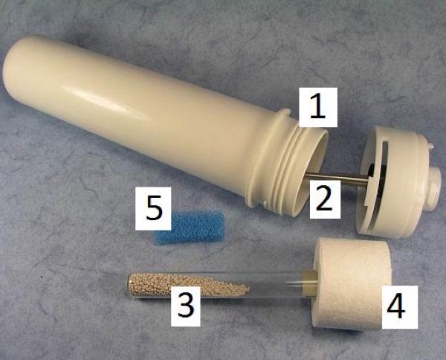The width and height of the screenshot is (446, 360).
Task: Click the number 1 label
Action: pyautogui.click(x=317, y=106)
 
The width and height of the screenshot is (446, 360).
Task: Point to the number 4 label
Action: pyautogui.click(x=400, y=307)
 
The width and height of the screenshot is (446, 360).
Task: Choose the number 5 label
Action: pyautogui.click(x=153, y=208)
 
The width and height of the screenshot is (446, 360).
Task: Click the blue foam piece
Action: pyautogui.click(x=189, y=227)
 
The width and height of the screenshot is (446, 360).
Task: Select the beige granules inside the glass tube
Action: pyautogui.click(x=188, y=285)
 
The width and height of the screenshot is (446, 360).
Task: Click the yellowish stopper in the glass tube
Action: pyautogui.click(x=311, y=283)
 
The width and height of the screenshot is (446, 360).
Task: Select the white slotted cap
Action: pyautogui.click(x=398, y=182)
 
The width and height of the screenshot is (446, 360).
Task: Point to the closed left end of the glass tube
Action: pyautogui.click(x=127, y=285)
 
